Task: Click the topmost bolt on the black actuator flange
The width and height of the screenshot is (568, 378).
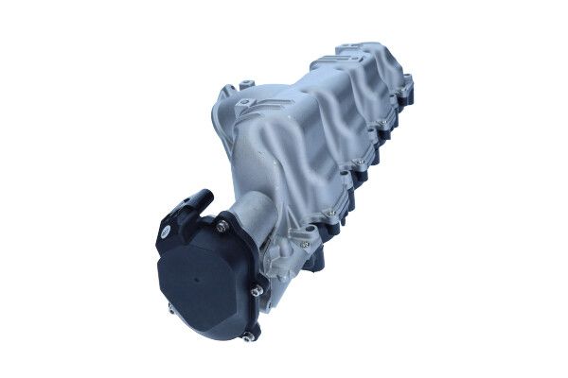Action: pos(223,224)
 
